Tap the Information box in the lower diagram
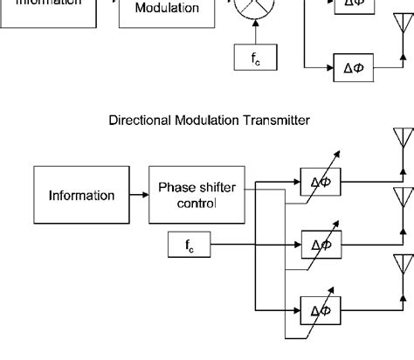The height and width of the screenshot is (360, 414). (x=80, y=196)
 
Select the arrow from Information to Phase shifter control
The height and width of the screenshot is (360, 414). (x=135, y=196)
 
